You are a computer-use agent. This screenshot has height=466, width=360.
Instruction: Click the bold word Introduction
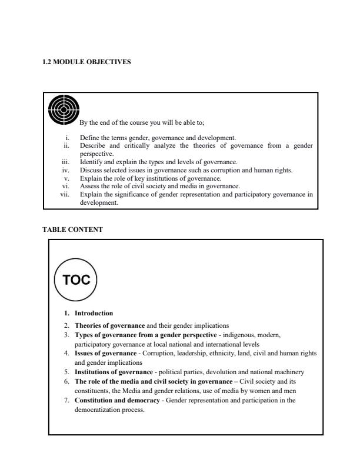(x=94, y=313)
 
